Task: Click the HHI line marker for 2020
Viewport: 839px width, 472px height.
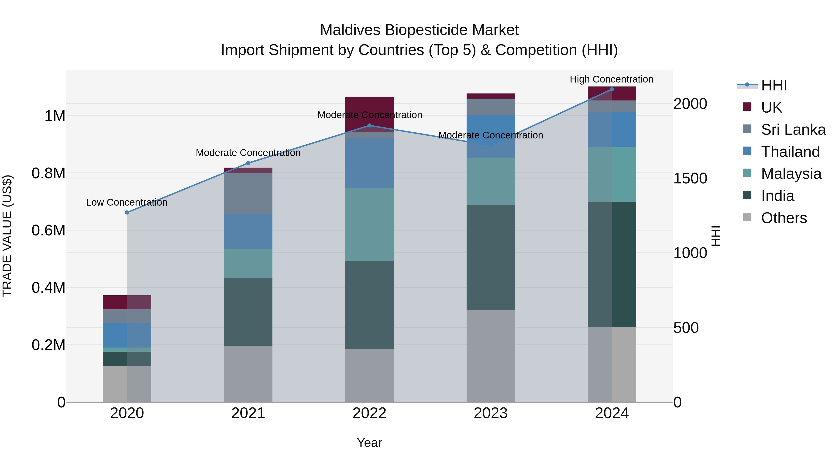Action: [127, 212]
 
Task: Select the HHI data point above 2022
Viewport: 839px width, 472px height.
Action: [369, 125]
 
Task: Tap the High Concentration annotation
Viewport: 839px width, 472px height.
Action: [611, 79]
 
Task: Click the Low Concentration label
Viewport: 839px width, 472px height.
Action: [127, 202]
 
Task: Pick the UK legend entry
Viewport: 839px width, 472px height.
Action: [771, 107]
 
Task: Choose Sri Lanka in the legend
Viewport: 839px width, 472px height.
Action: [793, 130]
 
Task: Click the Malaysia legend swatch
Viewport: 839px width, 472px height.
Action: [747, 173]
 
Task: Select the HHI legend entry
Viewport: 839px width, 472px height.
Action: [774, 85]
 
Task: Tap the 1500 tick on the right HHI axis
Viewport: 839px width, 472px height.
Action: [690, 178]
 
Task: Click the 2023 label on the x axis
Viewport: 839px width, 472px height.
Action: [491, 413]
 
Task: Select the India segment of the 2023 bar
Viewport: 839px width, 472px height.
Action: [491, 257]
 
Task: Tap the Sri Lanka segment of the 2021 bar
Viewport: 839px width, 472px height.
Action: [248, 193]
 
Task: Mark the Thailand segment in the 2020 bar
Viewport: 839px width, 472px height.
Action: [127, 335]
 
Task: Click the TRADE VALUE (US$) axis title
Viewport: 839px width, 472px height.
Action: [7, 236]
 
